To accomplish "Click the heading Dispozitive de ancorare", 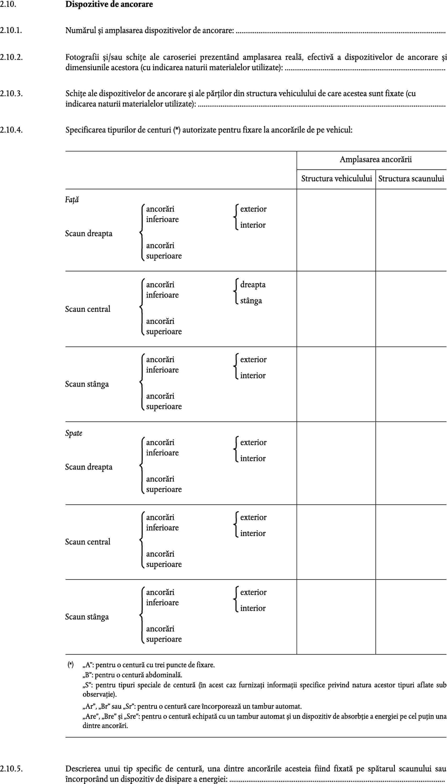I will (x=109, y=4).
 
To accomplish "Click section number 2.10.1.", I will (x=11, y=30).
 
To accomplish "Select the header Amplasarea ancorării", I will (x=376, y=159).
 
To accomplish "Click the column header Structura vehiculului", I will (x=336, y=179).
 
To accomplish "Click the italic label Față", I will (x=72, y=200).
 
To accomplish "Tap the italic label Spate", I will (x=74, y=433).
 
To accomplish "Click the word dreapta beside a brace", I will (x=253, y=285).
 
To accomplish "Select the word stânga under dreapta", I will (x=251, y=301).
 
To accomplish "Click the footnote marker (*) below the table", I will (x=71, y=665).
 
